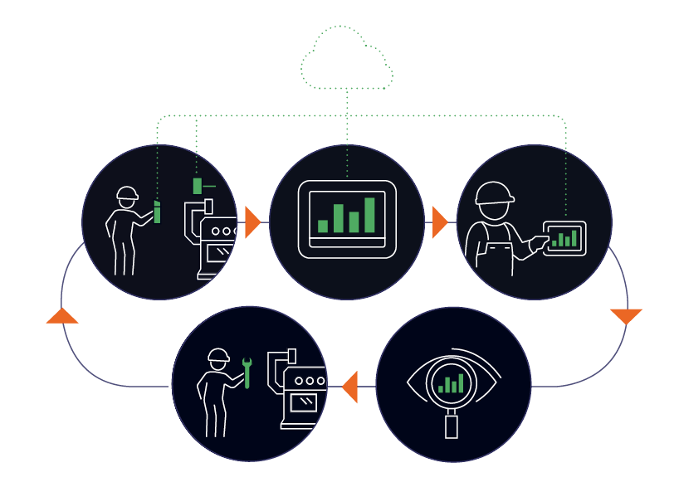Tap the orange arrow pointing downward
coord(626,315)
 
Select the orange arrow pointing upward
coord(62,316)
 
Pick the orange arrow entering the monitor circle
coord(252,222)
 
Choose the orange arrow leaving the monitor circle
coord(439,222)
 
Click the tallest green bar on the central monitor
coord(369,215)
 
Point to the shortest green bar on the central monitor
coord(323,226)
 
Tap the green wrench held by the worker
coord(247,373)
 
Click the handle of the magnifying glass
coord(452,425)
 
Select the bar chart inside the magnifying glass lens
coord(451,383)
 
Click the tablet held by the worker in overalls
coord(564,239)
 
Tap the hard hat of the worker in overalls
coord(494,192)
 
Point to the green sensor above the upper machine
coord(198,186)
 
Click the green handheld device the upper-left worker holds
coord(157,212)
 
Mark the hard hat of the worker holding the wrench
coord(218,356)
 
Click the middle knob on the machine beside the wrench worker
coord(310,381)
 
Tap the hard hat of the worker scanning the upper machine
coord(127,194)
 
